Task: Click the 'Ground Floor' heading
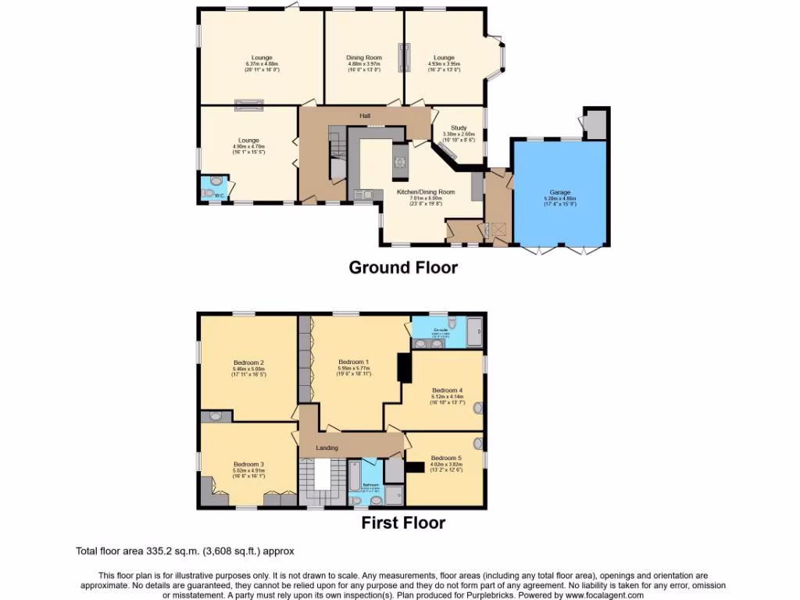pos(402,267)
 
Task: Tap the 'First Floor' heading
pos(402,523)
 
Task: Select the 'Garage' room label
pos(559,192)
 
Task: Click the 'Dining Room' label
pos(364,58)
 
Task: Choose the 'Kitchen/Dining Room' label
pos(427,192)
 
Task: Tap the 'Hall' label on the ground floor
pos(365,116)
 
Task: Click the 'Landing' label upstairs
pos(327,448)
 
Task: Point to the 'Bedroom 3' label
pos(248,464)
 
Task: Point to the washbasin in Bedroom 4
pos(478,407)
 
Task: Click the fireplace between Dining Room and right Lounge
pos(405,59)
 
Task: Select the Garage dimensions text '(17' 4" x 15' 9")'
pos(559,205)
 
